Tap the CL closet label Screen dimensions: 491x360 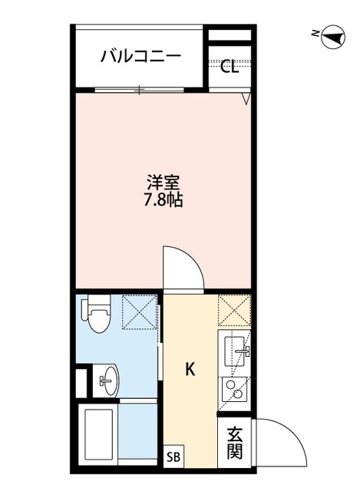tap(230, 67)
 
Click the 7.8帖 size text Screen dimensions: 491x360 tap(163, 202)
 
